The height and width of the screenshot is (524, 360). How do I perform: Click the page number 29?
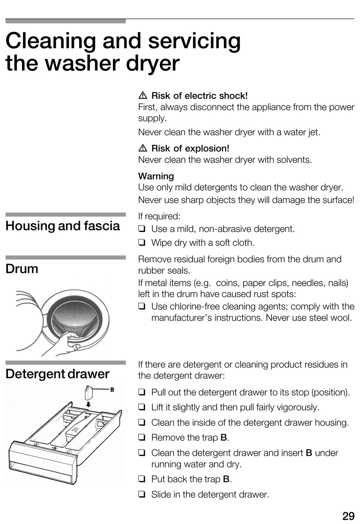click(348, 516)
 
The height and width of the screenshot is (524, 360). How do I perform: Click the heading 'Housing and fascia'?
click(63, 226)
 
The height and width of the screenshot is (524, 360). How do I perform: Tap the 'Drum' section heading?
click(22, 269)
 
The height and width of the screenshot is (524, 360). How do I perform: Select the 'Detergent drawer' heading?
click(57, 374)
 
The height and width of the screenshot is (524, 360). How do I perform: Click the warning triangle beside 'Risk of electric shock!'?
click(143, 96)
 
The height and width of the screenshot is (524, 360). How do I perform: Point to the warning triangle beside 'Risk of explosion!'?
click(143, 149)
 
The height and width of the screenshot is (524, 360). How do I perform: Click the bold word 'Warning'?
click(156, 176)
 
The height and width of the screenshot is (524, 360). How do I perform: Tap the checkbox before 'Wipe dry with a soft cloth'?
click(142, 242)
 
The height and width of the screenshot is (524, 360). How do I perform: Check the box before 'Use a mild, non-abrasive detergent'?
click(142, 229)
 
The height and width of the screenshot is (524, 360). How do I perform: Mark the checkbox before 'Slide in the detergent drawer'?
click(142, 494)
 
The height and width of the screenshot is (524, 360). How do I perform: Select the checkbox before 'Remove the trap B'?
click(142, 438)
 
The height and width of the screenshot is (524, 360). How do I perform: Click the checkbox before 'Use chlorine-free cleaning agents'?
click(142, 306)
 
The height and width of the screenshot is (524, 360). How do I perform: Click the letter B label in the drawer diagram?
click(112, 389)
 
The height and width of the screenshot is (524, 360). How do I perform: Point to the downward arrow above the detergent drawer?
click(88, 405)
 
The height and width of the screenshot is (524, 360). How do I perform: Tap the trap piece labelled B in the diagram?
click(88, 392)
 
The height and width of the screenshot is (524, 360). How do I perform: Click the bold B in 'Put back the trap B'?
click(226, 479)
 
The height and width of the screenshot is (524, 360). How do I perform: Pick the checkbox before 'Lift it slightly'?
click(142, 407)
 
